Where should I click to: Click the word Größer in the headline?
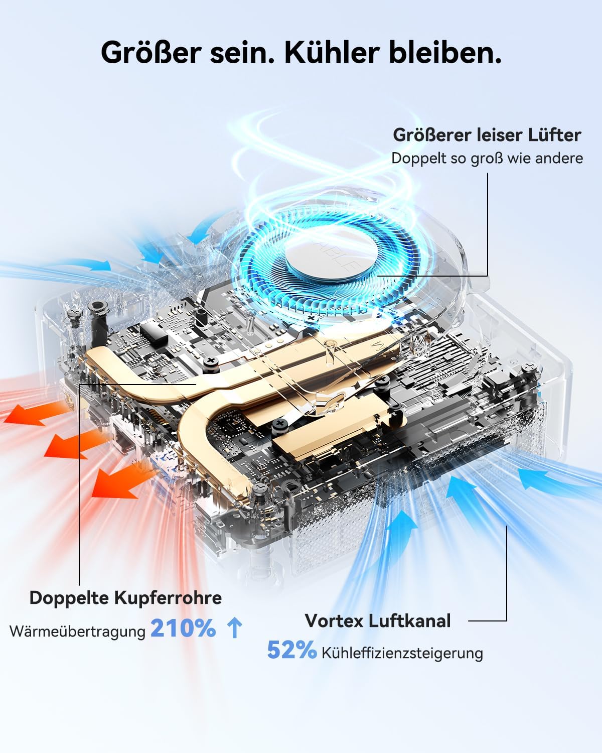(151, 53)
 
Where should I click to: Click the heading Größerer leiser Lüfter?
(487, 135)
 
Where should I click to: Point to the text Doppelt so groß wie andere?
(487, 158)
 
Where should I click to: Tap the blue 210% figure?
(183, 628)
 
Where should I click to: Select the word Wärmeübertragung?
(77, 632)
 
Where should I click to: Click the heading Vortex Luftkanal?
(378, 621)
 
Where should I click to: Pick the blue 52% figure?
(292, 650)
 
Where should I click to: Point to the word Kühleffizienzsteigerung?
(402, 653)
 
